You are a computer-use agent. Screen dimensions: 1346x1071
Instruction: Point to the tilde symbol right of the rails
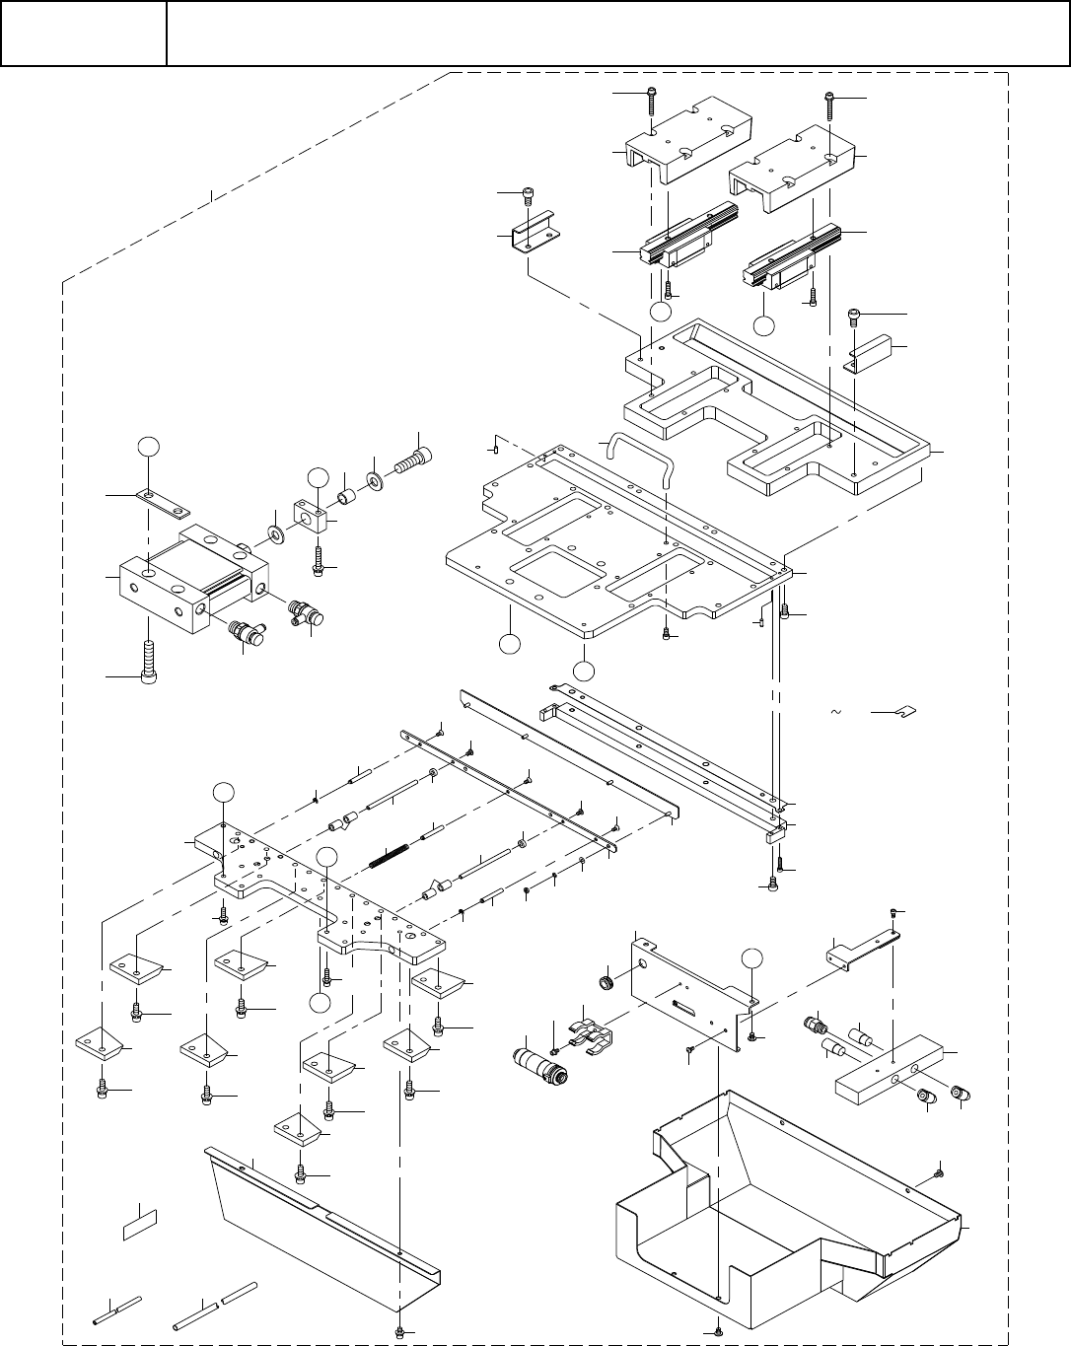(836, 712)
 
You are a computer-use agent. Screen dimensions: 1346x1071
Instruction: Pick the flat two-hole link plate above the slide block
(161, 500)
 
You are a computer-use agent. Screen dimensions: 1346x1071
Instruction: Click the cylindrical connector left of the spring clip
(535, 1067)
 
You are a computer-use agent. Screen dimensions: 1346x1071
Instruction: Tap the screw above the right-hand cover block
(829, 103)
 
